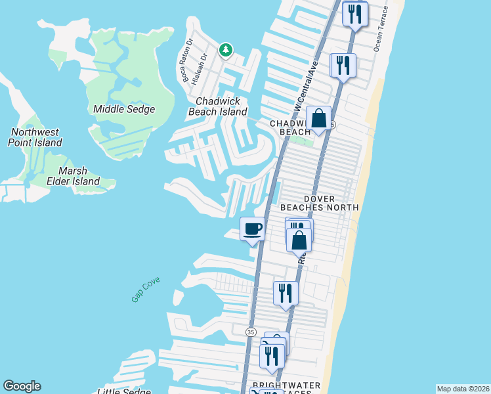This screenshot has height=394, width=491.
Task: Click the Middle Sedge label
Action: click(x=124, y=109)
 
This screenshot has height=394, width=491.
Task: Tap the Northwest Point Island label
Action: click(x=35, y=137)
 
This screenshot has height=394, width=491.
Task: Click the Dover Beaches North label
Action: click(x=320, y=203)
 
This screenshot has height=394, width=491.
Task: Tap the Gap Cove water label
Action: click(x=146, y=289)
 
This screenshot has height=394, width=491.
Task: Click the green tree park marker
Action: click(x=226, y=49)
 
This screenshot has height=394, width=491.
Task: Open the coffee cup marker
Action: click(x=253, y=229)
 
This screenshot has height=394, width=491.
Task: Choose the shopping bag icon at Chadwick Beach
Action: click(x=318, y=118)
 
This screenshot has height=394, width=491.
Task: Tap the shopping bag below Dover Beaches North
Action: click(x=299, y=241)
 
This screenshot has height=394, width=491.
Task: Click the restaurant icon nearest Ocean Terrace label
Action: click(x=355, y=14)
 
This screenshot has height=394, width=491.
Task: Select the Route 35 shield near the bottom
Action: click(x=251, y=332)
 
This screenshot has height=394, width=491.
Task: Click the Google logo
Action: click(x=22, y=386)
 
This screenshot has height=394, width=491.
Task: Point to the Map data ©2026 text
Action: click(x=462, y=389)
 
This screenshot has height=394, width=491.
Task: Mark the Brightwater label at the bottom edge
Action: click(x=288, y=385)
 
